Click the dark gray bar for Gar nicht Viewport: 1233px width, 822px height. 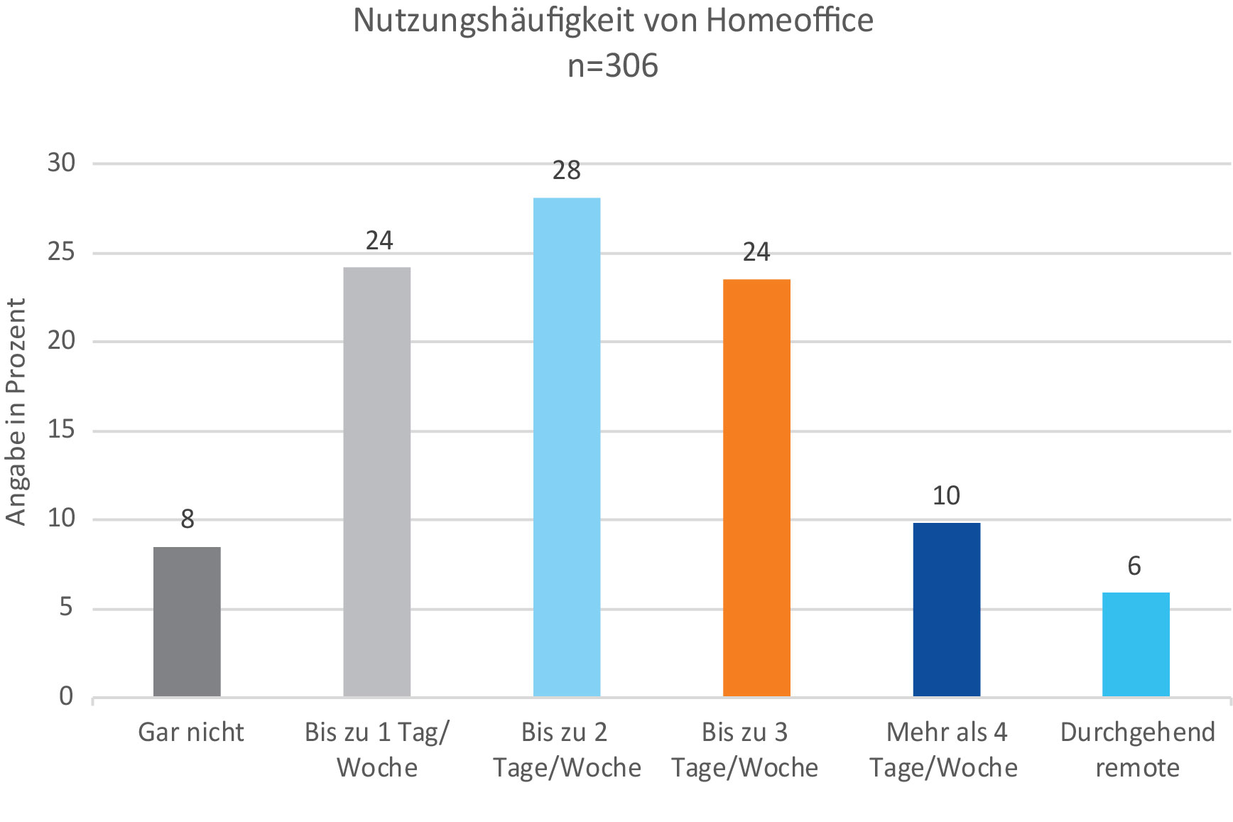tap(187, 622)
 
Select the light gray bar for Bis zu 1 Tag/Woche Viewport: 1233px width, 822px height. tap(377, 482)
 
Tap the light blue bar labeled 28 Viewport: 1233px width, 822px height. tap(567, 447)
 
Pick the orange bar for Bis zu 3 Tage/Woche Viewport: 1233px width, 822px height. tap(756, 488)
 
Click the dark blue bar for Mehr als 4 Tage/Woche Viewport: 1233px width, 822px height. tap(947, 610)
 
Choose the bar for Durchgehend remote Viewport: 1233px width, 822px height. tap(1136, 644)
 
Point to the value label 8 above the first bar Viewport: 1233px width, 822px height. tap(188, 519)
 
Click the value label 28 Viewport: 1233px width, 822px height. tap(567, 171)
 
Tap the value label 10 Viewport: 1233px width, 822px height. tap(946, 495)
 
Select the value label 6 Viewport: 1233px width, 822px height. tap(1134, 566)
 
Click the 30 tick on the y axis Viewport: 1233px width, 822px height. tap(61, 163)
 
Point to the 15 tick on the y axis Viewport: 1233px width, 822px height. tap(61, 430)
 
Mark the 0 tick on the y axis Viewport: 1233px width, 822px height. tap(66, 696)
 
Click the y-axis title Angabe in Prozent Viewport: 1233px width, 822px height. tap(16, 411)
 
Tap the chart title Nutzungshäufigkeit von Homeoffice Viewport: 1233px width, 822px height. tap(613, 21)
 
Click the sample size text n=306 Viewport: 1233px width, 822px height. tap(613, 66)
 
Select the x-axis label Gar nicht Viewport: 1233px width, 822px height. tap(190, 732)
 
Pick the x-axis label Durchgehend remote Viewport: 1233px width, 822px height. tap(1138, 750)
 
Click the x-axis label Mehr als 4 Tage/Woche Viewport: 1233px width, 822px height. tap(945, 750)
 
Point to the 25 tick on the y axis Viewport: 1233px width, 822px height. tap(61, 252)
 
